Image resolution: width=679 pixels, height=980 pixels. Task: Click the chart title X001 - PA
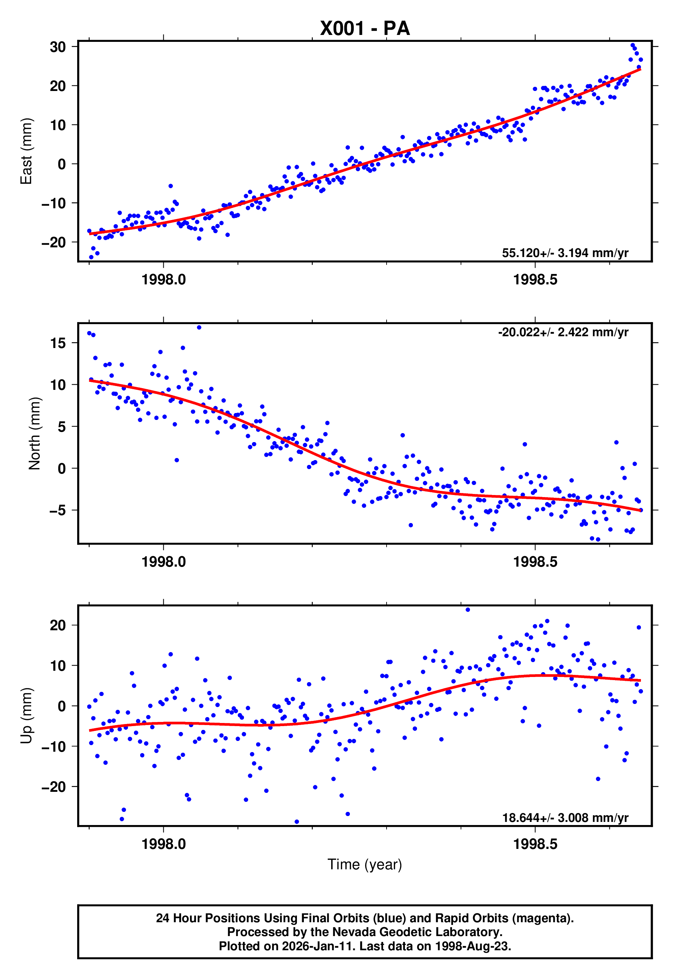(365, 28)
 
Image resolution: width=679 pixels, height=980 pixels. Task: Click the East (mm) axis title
(26, 151)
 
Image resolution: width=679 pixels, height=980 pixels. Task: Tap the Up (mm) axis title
(26, 716)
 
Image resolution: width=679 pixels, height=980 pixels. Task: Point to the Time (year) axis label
(365, 864)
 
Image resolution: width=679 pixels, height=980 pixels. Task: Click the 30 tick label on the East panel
(58, 47)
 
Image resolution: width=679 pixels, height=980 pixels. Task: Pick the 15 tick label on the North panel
(58, 343)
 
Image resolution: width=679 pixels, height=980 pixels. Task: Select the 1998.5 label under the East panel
(535, 280)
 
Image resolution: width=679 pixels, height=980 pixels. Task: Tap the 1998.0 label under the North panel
(163, 562)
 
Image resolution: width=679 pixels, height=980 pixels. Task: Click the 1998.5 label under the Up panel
(535, 844)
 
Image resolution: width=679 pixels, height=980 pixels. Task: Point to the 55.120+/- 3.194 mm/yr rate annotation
(565, 253)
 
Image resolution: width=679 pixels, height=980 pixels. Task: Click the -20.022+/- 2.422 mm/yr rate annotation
(563, 332)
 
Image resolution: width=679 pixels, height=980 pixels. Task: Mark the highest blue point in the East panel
(633, 45)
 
